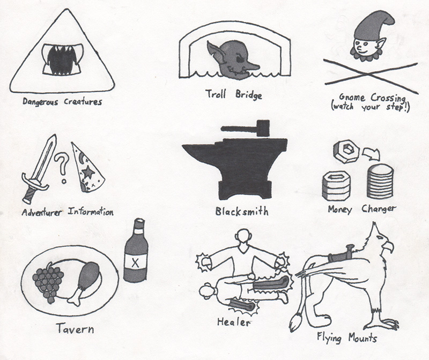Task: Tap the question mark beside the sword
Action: point(62,167)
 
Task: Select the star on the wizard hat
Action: point(88,173)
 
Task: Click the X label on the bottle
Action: point(135,262)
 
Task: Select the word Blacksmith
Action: point(242,211)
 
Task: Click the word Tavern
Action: point(75,328)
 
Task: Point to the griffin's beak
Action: point(388,245)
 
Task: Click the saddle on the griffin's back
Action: point(341,256)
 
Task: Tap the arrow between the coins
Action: point(371,154)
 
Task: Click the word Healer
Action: point(233,322)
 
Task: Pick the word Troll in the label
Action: point(216,94)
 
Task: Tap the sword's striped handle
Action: point(29,196)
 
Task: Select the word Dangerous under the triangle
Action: point(40,102)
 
